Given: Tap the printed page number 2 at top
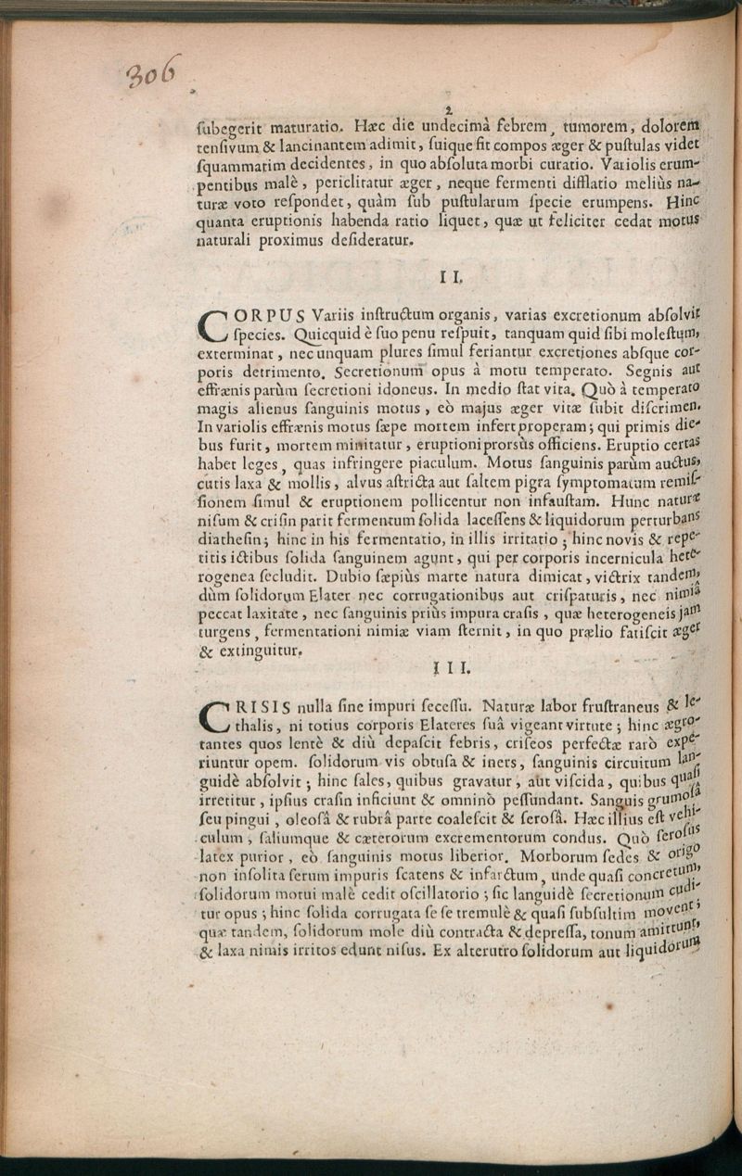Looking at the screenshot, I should tap(448, 110).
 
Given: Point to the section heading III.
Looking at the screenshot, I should tap(451, 665).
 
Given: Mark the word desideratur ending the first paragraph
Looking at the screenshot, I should tap(363, 240).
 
